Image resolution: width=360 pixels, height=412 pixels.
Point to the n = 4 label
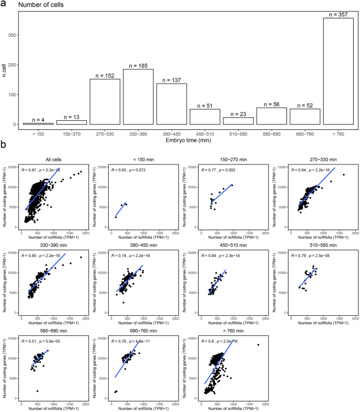pyautogui.click(x=38, y=119)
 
